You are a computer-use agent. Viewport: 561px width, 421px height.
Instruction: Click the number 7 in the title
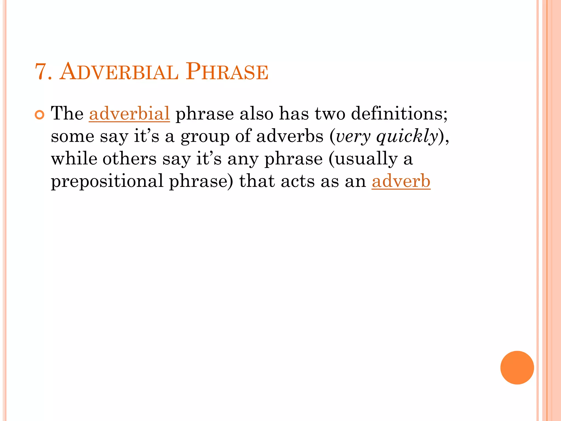[42, 72]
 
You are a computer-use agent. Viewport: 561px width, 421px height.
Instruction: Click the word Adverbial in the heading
[119, 72]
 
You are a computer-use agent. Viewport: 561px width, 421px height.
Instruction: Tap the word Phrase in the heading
[227, 72]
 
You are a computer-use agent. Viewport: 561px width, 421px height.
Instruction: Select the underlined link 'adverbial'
[129, 113]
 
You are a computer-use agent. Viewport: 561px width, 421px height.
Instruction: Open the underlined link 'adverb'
[401, 181]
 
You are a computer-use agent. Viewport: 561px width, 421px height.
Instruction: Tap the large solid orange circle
[517, 368]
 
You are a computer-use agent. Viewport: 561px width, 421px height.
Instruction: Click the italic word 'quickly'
[407, 137]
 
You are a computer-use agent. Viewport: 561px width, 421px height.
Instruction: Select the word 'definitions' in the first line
[399, 113]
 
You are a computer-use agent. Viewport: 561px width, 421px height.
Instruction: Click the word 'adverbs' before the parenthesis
[290, 136]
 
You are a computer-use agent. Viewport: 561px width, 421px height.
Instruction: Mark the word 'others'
[129, 159]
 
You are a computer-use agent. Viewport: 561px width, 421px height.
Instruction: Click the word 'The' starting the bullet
[67, 113]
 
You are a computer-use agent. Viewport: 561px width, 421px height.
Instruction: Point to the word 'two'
[330, 113]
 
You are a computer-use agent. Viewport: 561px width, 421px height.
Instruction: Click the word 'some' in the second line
[73, 137]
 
